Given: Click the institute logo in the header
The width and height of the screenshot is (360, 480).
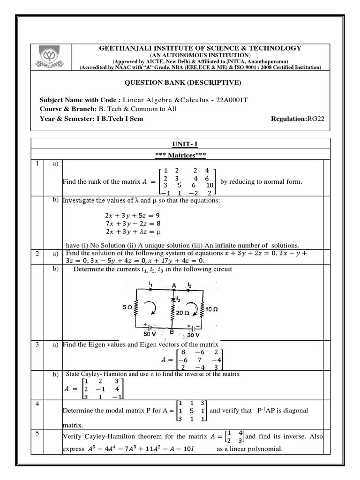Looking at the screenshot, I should [51, 58].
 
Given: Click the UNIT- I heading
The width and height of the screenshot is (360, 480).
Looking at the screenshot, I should [180, 145].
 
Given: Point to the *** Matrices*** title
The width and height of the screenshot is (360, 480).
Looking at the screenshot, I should [180, 155].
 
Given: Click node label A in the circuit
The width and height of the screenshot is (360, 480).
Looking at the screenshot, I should [174, 285].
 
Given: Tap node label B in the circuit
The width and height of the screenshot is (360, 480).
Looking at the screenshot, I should [172, 331].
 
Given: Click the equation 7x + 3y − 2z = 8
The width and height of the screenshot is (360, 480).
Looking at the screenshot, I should [132, 224].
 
